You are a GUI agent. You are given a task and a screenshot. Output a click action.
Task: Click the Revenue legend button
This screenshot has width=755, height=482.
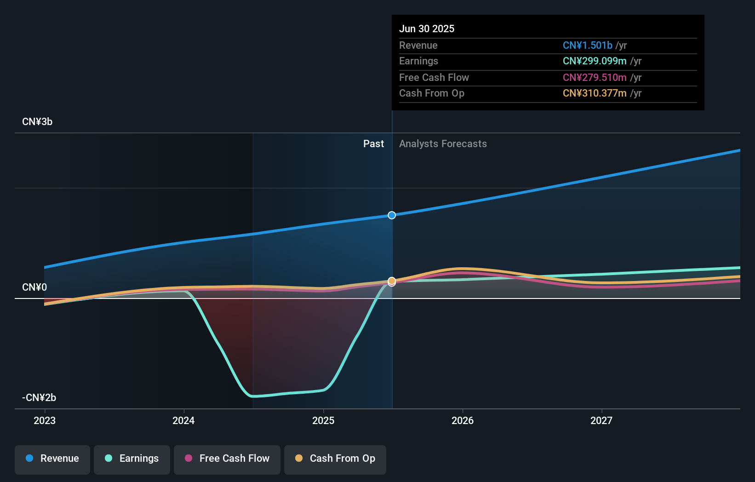(52, 459)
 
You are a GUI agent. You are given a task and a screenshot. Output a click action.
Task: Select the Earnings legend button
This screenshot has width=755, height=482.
(132, 459)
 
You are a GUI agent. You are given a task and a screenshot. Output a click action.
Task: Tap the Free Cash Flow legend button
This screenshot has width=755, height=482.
(227, 459)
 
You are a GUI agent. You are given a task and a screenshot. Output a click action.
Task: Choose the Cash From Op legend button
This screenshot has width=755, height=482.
(335, 459)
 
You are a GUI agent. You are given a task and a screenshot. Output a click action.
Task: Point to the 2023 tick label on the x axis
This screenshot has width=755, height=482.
(45, 421)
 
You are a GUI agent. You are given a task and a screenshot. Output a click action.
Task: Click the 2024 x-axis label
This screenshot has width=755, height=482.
(183, 421)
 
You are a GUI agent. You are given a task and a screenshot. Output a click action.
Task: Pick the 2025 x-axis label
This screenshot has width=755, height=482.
(323, 421)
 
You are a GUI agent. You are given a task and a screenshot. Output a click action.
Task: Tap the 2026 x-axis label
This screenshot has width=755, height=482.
(463, 421)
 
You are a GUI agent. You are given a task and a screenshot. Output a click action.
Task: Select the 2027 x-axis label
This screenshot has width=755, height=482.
(601, 421)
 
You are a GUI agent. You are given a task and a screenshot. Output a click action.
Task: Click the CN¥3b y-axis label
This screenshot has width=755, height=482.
(37, 122)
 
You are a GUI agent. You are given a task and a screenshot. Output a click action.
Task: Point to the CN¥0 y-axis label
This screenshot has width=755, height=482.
(34, 287)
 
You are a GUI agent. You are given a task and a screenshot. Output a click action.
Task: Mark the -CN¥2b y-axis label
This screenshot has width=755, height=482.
(39, 398)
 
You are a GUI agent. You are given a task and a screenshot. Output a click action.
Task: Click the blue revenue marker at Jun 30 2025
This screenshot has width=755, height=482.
(392, 215)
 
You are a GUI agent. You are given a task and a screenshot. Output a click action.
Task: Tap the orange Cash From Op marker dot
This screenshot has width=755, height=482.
(392, 281)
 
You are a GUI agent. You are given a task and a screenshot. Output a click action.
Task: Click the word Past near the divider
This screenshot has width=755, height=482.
(373, 144)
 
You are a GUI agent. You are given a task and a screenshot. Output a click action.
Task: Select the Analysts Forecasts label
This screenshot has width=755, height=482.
(443, 144)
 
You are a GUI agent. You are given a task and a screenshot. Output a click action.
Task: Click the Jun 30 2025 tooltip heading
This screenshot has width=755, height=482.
(427, 29)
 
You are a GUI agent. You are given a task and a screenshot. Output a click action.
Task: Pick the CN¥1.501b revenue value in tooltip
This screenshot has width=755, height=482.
(587, 46)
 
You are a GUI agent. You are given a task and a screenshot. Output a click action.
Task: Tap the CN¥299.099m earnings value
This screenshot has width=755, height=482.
(595, 61)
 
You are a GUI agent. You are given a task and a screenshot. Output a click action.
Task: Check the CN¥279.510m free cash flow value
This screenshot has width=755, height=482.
(595, 78)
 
